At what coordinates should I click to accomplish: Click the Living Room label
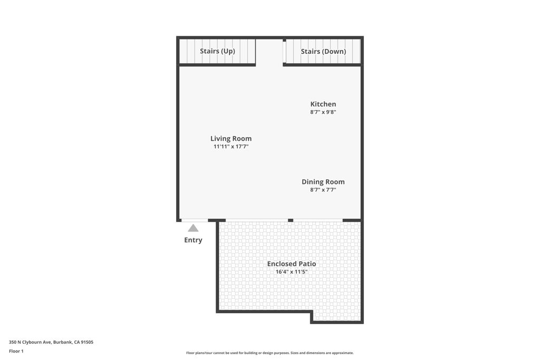coord(231,138)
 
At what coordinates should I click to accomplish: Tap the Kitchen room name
coord(323,104)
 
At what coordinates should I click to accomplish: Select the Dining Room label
coord(323,182)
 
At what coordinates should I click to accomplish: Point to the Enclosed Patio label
coord(291,264)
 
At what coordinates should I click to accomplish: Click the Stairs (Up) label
coord(217,51)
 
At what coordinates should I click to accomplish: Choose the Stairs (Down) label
coord(323,51)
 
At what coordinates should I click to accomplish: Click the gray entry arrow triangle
coord(193,228)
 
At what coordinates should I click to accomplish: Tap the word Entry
coord(193,240)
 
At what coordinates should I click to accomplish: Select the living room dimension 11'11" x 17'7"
coord(231,147)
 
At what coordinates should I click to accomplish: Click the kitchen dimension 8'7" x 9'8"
coord(323,112)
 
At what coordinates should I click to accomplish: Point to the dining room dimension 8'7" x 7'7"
coord(323,190)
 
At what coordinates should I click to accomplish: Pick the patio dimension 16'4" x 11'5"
coord(291,272)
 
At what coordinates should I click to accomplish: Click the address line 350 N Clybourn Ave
coord(30,342)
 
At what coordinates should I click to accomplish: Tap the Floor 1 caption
coord(16,351)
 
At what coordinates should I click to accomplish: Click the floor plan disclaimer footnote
coord(269,353)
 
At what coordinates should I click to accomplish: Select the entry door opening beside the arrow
coord(195,220)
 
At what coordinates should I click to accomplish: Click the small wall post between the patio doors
coord(291,220)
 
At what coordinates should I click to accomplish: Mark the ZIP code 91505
coord(87,342)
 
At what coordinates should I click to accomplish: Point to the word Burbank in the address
coord(63,342)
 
